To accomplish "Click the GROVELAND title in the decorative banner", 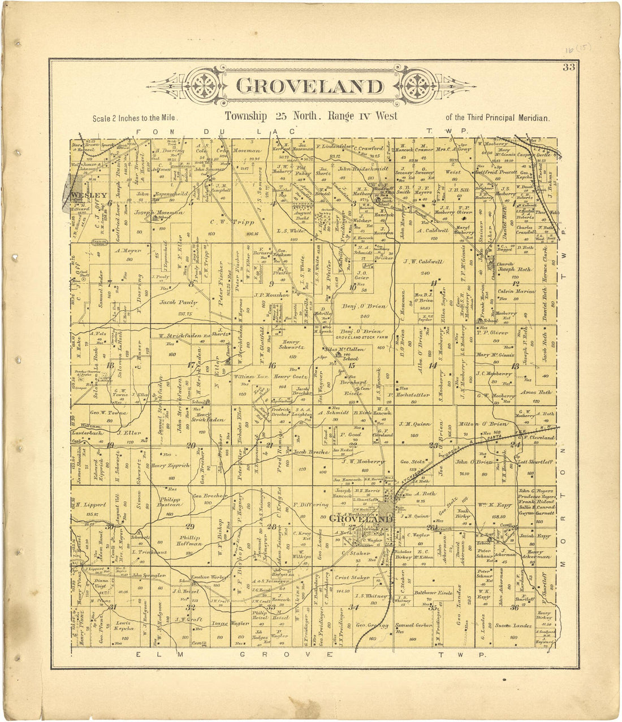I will pyautogui.click(x=309, y=86).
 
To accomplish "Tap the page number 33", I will pyautogui.click(x=568, y=68).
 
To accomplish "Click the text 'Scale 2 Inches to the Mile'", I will pyautogui.click(x=136, y=119).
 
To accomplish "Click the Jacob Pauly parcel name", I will pyautogui.click(x=176, y=303).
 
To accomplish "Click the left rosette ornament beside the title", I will pyautogui.click(x=202, y=86).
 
